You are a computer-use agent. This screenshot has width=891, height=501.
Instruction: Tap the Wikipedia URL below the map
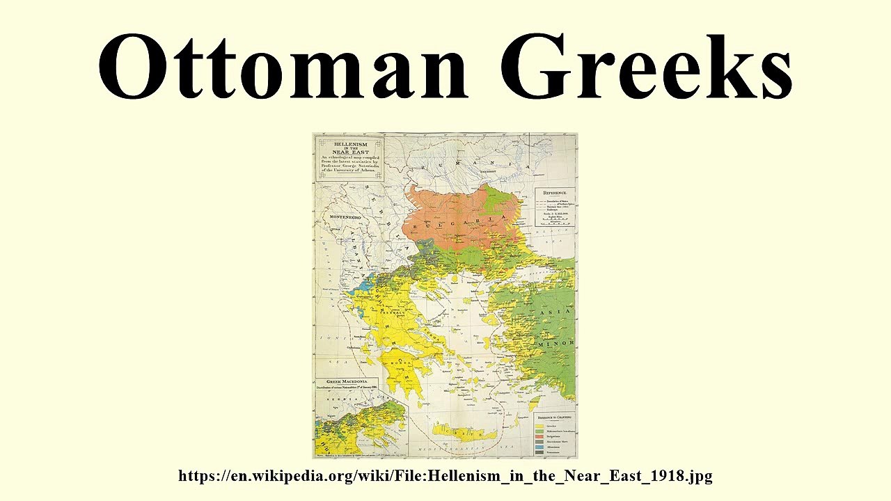pos(445,476)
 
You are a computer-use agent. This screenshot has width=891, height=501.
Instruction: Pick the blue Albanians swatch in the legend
pos(540,445)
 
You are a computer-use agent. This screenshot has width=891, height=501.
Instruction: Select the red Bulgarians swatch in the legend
pos(540,435)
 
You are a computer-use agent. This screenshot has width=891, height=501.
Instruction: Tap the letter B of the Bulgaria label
pos(416,228)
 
